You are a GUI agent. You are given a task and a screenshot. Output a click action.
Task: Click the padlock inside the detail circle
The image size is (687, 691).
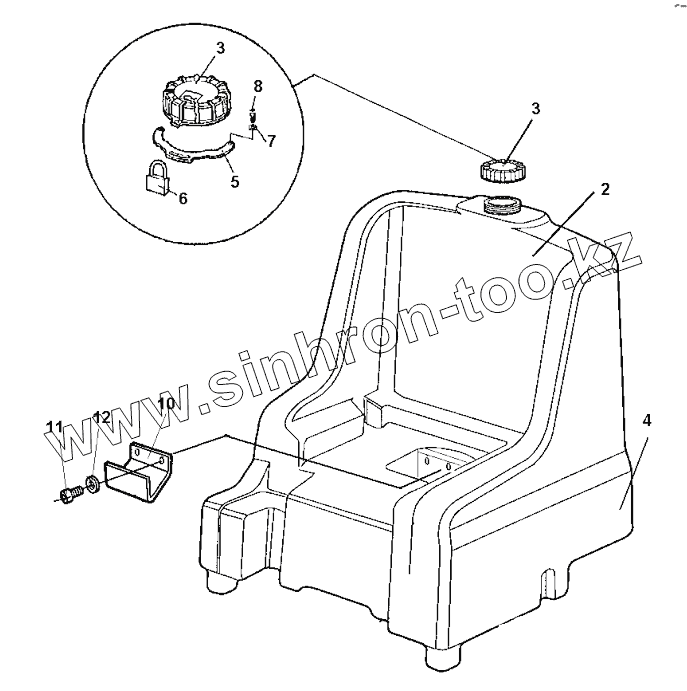(156, 179)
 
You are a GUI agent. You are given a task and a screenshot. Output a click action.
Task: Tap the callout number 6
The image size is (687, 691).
(182, 198)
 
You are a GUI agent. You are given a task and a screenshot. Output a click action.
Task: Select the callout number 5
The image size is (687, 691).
(234, 183)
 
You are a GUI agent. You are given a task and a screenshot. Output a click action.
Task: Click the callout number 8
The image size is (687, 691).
(257, 86)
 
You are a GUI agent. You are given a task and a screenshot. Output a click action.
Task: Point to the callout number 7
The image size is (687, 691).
(271, 139)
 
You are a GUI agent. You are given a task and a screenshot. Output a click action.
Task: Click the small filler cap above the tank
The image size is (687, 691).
(502, 169)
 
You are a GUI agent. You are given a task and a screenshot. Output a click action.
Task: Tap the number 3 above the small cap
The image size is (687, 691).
(535, 109)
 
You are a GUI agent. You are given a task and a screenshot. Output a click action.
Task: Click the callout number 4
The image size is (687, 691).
(647, 421)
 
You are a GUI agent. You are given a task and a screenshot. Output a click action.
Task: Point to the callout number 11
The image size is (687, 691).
(55, 428)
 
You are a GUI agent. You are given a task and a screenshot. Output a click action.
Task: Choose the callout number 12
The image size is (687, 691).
(102, 417)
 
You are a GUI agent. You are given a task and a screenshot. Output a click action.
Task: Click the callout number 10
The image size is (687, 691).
(165, 403)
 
